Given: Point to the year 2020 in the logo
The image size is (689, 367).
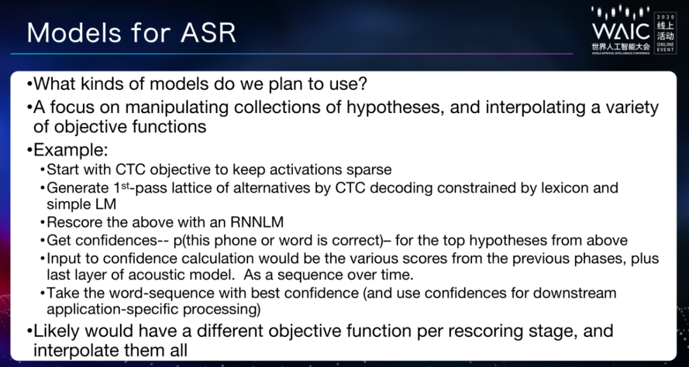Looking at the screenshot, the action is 665,16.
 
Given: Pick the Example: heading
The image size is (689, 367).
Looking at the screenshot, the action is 71,151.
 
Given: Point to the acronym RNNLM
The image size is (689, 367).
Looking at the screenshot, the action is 257,222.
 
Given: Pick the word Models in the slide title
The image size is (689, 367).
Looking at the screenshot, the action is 71,33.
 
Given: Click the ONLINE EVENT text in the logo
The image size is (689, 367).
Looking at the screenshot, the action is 665,47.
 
